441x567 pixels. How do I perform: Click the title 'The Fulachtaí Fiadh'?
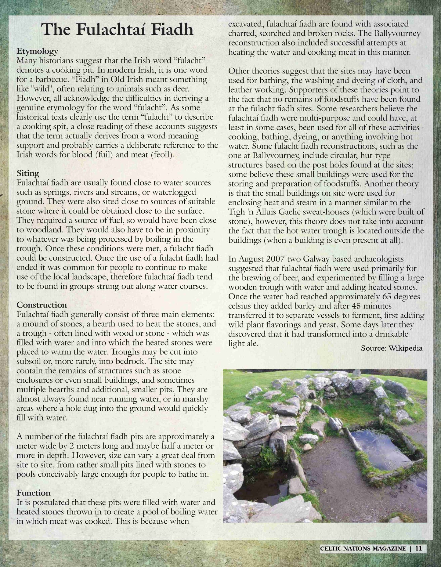point(117,30)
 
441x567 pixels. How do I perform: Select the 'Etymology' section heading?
point(37,51)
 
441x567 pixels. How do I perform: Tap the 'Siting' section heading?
point(28,173)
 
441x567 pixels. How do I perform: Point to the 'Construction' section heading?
point(42,305)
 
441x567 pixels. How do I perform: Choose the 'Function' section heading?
point(34,493)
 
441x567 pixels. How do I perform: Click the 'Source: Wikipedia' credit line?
point(392,348)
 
